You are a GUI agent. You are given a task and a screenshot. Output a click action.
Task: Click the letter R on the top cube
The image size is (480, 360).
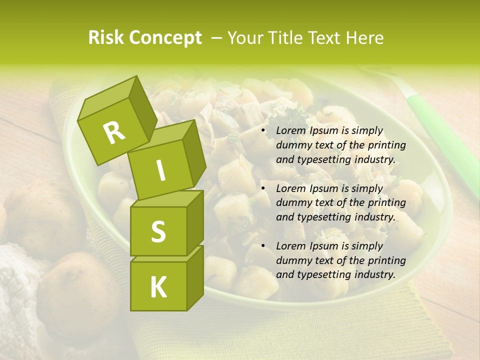pyautogui.click(x=114, y=133)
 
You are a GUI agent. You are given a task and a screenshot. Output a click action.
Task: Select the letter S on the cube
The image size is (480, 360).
pyautogui.click(x=158, y=231)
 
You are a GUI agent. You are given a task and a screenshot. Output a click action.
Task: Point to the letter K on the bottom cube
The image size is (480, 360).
pyautogui.click(x=158, y=287)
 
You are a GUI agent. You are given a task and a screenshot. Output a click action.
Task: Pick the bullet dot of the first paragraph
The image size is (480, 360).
pyautogui.click(x=263, y=131)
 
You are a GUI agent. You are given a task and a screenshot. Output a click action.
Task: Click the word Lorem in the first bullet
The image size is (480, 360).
pyautogui.click(x=290, y=131)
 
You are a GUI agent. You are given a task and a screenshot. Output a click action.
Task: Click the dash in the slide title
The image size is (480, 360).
pyautogui.click(x=217, y=38)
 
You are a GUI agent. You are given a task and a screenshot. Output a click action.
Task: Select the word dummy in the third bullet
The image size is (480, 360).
pyautogui.click(x=293, y=260)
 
